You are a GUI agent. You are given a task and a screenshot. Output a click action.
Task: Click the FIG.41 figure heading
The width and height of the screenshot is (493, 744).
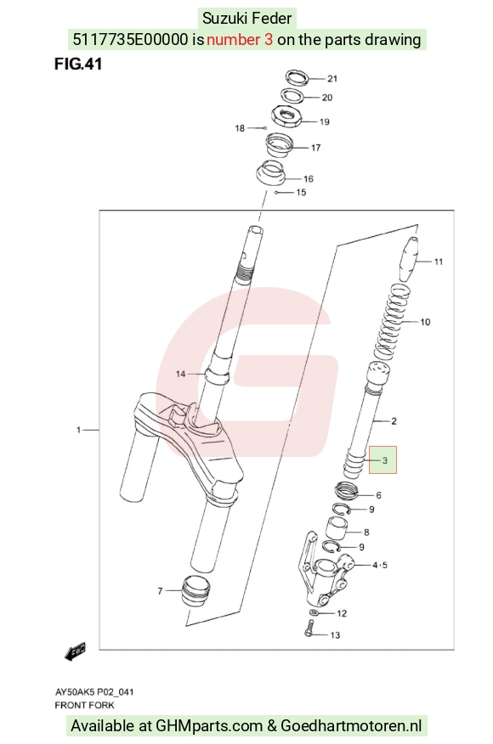[x=78, y=64]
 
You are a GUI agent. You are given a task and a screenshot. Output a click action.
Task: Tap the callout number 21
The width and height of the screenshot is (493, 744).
[x=332, y=79]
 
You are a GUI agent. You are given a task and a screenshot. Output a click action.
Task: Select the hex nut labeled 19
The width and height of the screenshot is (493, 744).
[x=286, y=116]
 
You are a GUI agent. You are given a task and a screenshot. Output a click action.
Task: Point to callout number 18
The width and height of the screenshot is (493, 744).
[x=240, y=128]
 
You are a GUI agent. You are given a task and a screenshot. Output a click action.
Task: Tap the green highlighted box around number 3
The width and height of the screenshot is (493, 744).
[x=382, y=459]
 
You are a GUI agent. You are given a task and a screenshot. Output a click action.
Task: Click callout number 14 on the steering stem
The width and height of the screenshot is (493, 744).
[x=180, y=374]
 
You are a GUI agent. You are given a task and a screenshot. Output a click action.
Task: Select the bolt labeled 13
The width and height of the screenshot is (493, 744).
[x=308, y=633]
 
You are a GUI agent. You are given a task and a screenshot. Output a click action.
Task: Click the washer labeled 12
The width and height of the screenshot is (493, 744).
[x=313, y=613]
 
